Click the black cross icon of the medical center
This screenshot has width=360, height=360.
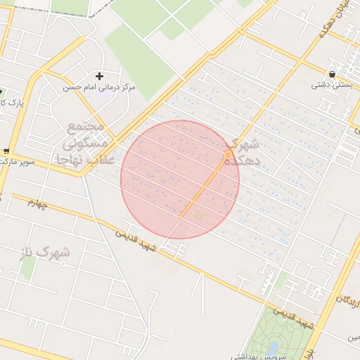tap(99, 76)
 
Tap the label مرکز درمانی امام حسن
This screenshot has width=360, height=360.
tap(99, 88)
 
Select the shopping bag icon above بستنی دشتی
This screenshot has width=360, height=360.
tap(331, 74)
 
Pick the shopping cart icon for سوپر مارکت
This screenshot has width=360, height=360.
tap(6, 150)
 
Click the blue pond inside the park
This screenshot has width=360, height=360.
tap(273, 348)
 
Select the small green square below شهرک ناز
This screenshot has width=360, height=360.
tap(28, 266)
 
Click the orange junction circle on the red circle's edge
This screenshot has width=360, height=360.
tap(228, 154)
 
